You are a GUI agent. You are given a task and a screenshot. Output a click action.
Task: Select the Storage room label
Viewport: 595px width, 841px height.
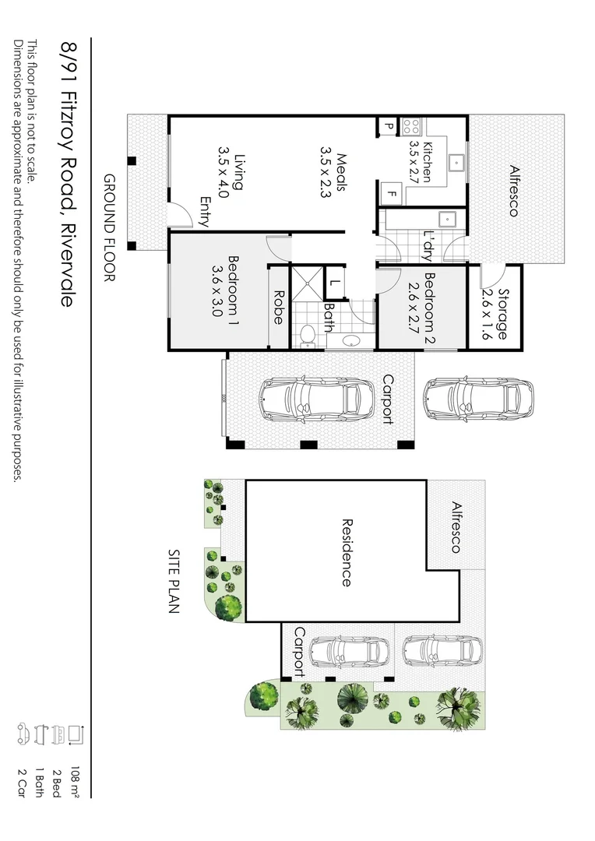click(x=495, y=315)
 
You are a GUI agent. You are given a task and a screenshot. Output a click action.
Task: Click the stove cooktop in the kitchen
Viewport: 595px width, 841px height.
click(x=411, y=125)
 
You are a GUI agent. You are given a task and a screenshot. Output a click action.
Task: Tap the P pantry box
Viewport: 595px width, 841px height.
click(x=388, y=125)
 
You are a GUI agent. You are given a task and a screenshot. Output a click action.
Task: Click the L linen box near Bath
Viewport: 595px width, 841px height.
click(x=335, y=283)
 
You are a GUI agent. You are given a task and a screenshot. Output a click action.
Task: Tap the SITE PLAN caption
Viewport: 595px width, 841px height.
click(x=174, y=581)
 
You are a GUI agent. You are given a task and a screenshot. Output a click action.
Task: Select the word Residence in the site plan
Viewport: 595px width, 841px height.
click(x=346, y=552)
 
